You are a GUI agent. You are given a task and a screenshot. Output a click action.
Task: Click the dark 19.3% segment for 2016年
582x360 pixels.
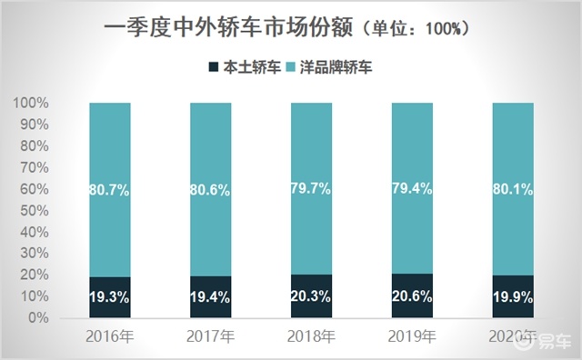tap(110, 297)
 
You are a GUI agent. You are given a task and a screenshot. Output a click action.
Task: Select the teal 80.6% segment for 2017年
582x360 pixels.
tap(210, 189)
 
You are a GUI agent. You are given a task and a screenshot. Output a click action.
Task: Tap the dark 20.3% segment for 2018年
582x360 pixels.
tap(311, 295)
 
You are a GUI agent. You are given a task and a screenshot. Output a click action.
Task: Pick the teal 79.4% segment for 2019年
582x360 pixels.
tap(412, 188)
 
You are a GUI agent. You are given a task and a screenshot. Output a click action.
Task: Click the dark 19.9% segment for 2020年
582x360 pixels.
tap(513, 296)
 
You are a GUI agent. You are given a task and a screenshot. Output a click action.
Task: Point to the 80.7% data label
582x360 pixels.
tap(109, 190)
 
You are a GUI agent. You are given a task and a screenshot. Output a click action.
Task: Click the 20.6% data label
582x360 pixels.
tap(412, 296)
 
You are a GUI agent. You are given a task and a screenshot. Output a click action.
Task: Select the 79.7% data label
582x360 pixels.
tap(311, 189)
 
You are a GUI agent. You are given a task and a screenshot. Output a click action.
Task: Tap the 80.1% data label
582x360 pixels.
tap(513, 190)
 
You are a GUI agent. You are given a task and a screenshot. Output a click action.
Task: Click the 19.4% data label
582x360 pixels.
tap(210, 297)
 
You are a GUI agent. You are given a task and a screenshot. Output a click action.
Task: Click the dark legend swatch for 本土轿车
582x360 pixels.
tap(214, 67)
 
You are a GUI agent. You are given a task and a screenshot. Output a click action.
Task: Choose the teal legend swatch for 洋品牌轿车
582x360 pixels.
tap(290, 67)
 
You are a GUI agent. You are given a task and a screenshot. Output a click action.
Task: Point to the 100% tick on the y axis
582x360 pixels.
tap(31, 103)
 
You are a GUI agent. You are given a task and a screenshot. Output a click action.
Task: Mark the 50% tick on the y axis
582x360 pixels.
tap(35, 211)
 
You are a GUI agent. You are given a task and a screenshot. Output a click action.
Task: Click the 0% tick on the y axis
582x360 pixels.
tap(38, 318)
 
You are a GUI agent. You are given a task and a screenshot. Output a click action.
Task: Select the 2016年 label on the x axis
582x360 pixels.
tap(109, 336)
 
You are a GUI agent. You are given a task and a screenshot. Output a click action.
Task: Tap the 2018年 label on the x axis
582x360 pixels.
tap(311, 336)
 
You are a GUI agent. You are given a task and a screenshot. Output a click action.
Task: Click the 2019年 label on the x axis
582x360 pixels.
tap(412, 336)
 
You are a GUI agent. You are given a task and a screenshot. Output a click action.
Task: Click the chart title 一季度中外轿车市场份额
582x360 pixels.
tap(228, 28)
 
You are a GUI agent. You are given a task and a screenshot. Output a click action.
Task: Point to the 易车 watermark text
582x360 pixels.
tap(555, 342)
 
